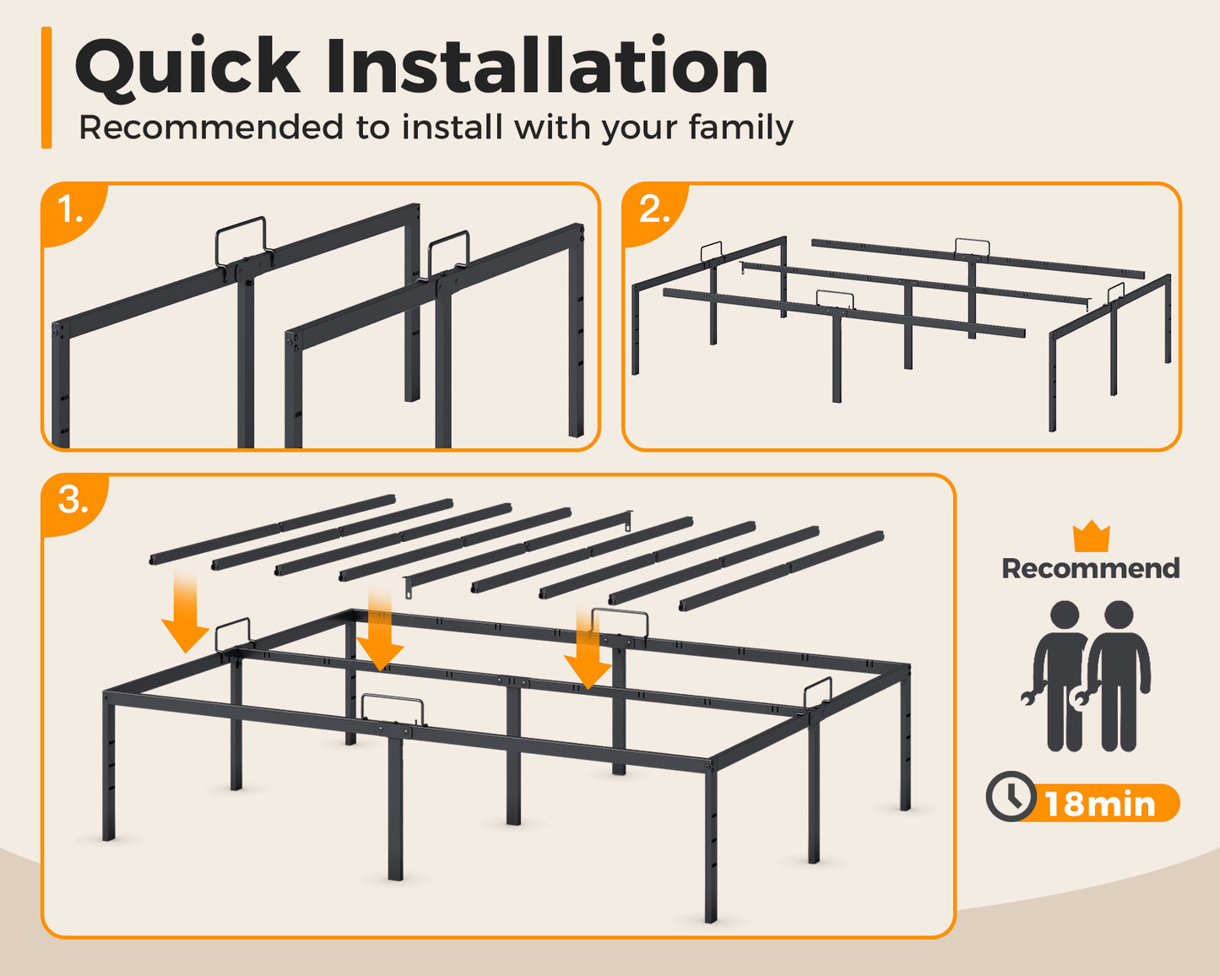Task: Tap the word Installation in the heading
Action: (546, 65)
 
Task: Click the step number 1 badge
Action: (71, 210)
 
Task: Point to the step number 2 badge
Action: (653, 210)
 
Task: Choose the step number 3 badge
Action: (73, 501)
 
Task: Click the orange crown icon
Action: (1092, 535)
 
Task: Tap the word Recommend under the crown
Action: (1091, 568)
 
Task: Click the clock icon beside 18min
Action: (1011, 795)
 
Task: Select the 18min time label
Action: (1100, 803)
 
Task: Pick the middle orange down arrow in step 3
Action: (380, 630)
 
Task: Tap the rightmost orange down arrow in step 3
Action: (588, 648)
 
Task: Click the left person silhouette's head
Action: (1065, 615)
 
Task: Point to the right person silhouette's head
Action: (1119, 615)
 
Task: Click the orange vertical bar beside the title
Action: (46, 87)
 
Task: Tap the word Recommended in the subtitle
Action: (211, 127)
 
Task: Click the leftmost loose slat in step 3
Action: (273, 529)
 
